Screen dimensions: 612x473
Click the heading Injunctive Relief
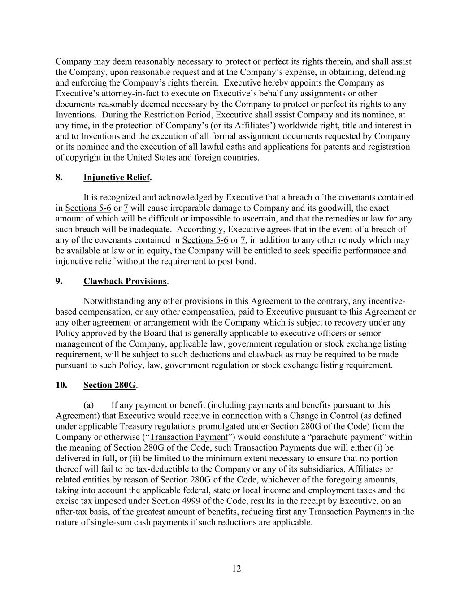[x=117, y=178]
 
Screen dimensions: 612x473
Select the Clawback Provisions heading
[x=125, y=281]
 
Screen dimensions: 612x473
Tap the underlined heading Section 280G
[x=109, y=385]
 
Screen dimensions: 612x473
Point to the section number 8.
[x=59, y=178]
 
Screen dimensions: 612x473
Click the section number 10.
[x=61, y=385]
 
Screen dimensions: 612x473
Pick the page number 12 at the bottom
[x=237, y=569]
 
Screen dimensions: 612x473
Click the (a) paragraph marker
[x=88, y=405]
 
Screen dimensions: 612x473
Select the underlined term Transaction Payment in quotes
[x=189, y=437]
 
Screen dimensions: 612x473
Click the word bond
[x=246, y=261]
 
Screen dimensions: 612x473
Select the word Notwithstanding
[x=112, y=301]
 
